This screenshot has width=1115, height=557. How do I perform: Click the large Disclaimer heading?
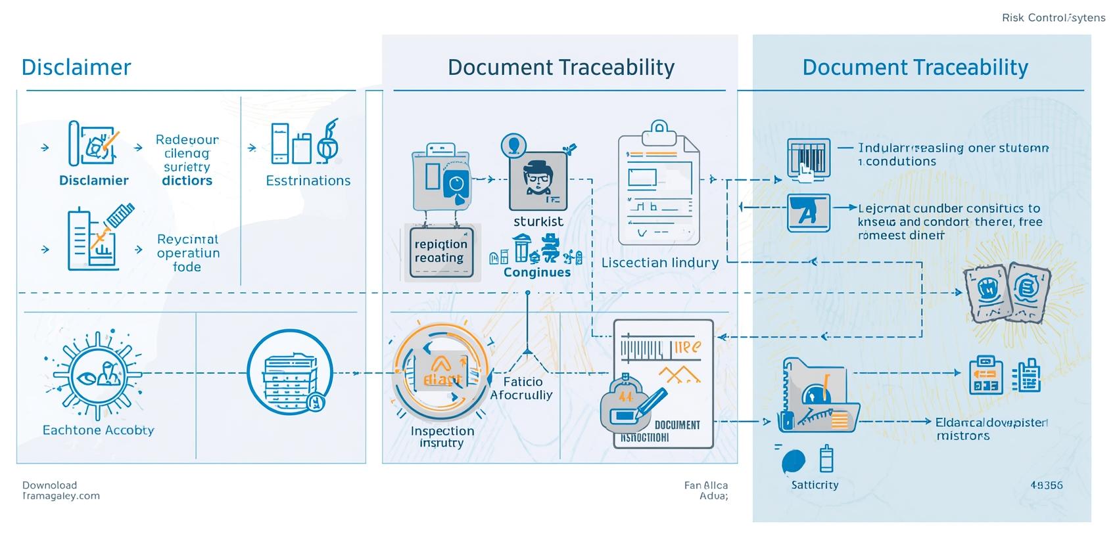click(76, 68)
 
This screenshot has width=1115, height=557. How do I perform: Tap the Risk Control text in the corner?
click(1053, 18)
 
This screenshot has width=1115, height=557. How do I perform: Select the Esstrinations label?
click(308, 181)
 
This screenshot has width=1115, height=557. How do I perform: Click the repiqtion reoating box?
click(441, 252)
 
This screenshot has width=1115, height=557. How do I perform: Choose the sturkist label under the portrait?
click(538, 221)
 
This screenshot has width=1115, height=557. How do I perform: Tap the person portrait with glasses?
click(538, 180)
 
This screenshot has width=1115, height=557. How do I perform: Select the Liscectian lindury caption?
click(659, 263)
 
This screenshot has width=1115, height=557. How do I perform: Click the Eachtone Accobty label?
click(98, 430)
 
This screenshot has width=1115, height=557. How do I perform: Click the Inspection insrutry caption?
click(442, 437)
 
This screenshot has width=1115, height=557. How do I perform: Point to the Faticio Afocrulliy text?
click(522, 388)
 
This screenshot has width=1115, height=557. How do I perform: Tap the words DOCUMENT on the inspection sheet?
click(677, 425)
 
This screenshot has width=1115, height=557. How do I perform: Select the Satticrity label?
click(815, 485)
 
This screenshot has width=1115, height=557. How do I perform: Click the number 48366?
click(1046, 485)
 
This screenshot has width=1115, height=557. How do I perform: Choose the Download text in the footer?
click(49, 485)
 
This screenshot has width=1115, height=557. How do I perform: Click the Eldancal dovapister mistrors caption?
click(991, 428)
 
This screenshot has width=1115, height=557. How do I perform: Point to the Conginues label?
click(536, 273)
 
